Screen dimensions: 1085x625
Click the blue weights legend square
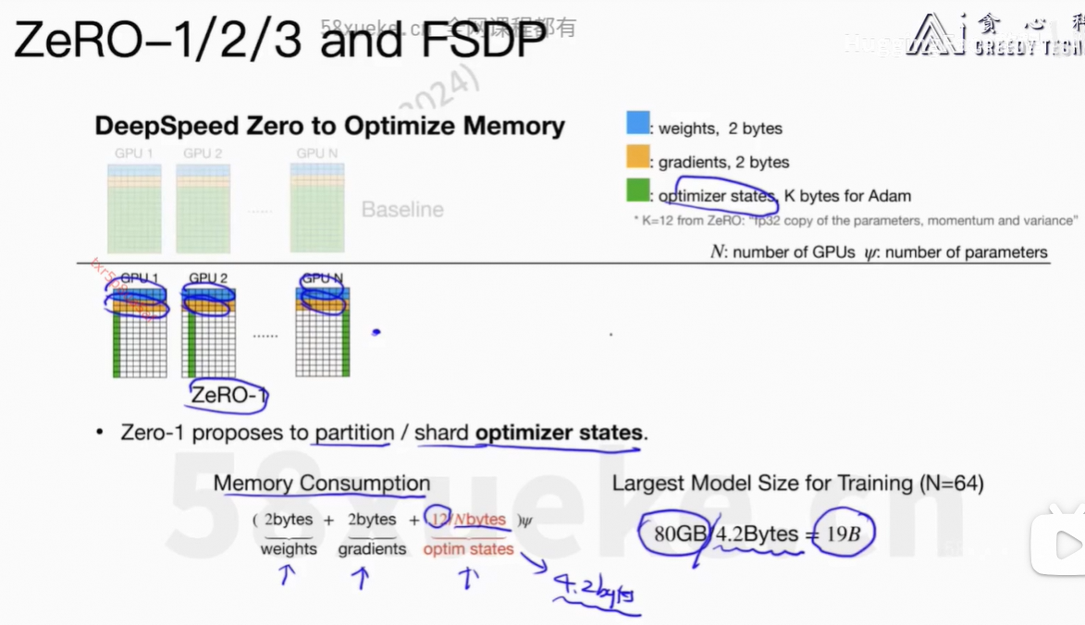point(638,123)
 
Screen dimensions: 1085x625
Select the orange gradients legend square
point(638,157)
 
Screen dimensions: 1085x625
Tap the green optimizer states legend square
point(638,190)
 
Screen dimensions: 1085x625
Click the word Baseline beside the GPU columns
point(402,210)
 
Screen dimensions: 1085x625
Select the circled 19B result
point(844,533)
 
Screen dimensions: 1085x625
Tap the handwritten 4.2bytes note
point(592,589)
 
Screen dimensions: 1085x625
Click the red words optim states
point(468,549)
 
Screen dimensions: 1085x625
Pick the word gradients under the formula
point(372,549)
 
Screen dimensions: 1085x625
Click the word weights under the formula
point(289,549)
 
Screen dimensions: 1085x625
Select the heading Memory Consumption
point(322,484)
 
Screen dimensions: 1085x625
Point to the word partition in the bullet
point(354,433)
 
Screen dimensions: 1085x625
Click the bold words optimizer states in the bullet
point(559,433)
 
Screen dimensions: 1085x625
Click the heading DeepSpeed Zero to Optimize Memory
point(330,126)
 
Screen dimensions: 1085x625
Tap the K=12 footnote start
point(659,221)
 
